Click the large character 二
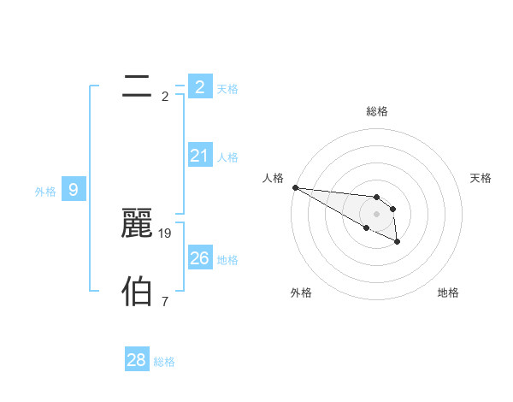137,86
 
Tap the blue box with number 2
199,86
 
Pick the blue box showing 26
199,257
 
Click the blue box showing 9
74,189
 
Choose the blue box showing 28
137,360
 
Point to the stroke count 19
165,233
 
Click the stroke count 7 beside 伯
165,301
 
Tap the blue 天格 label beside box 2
227,89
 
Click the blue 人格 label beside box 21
227,157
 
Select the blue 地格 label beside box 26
227,260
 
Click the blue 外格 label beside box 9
46,192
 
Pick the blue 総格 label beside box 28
164,363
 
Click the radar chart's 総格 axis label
377,111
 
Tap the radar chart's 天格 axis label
481,178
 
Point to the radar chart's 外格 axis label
301,293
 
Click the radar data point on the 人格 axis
295,187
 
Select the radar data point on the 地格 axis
398,243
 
